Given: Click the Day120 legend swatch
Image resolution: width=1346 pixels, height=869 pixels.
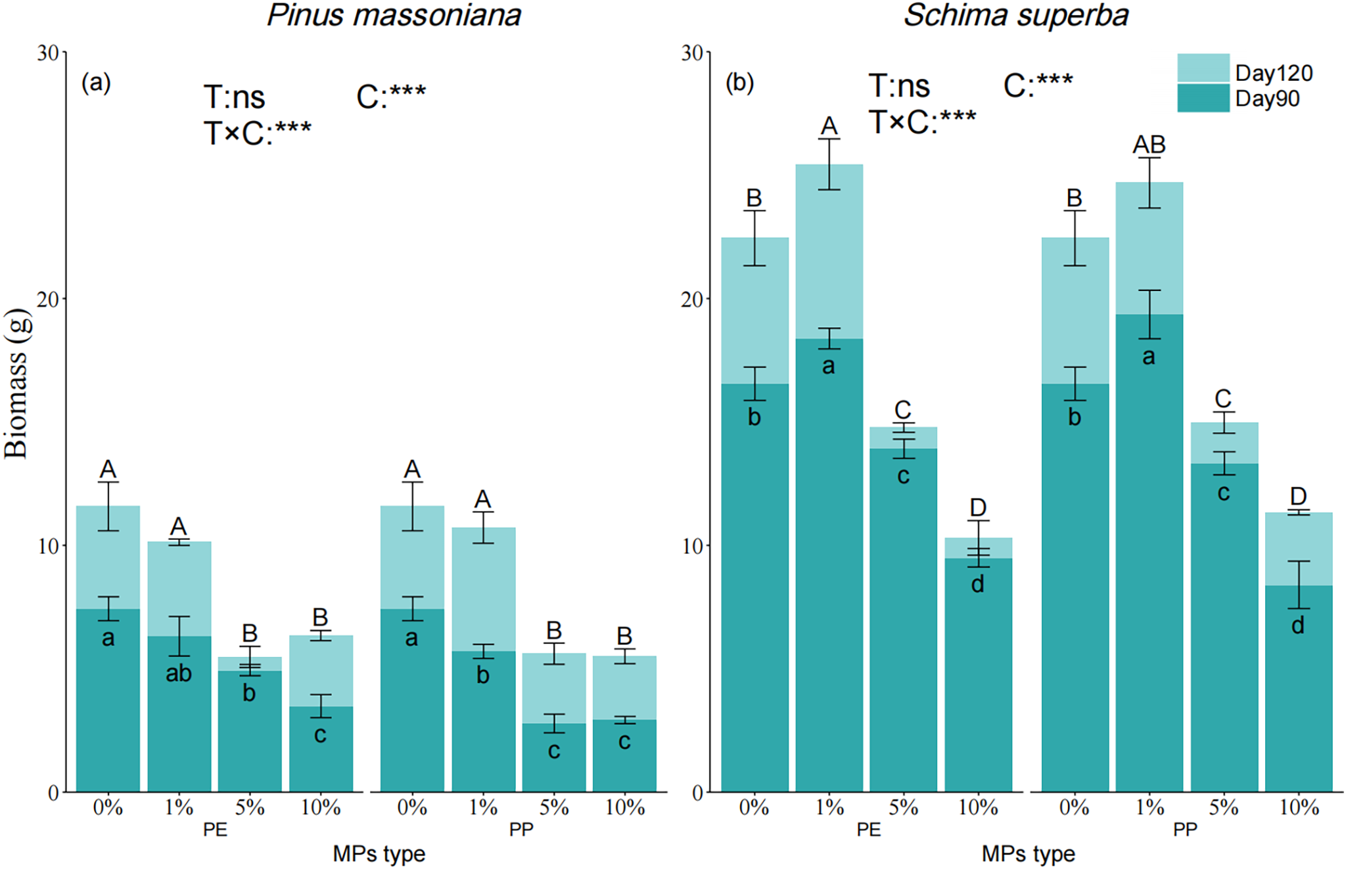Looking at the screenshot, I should tap(1203, 68).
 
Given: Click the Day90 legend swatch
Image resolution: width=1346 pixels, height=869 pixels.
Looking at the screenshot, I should tap(1203, 98).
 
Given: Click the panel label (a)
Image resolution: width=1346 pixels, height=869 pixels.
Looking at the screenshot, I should tap(96, 83).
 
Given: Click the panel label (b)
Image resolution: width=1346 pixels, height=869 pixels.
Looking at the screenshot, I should tap(739, 83).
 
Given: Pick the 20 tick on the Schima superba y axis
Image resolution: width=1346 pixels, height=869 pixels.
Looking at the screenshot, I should tap(692, 299).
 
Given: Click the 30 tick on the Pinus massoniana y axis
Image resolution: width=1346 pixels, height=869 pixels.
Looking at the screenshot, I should tap(48, 53).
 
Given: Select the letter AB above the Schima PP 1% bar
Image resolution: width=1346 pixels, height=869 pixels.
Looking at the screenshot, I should tap(1149, 145).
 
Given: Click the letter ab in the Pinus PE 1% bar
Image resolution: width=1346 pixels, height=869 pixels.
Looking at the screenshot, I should tap(178, 673).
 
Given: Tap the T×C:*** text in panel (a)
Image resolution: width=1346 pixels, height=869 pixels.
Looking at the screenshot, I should tap(257, 133).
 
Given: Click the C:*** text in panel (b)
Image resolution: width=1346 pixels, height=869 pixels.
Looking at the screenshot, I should tap(1038, 85).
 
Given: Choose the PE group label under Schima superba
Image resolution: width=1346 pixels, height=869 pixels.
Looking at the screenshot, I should tap(868, 830).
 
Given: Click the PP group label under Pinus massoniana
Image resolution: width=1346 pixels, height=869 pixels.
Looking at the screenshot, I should tap(521, 830).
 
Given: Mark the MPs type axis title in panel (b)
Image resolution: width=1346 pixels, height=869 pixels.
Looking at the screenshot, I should tap(1028, 854).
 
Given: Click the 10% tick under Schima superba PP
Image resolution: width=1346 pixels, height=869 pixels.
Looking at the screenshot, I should tap(1299, 807).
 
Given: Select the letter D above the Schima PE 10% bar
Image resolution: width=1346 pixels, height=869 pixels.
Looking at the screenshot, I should tap(978, 508).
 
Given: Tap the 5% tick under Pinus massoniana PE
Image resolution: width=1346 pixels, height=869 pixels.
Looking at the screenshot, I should tap(250, 807).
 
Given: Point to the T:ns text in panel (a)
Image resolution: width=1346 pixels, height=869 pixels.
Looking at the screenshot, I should tap(234, 98).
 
